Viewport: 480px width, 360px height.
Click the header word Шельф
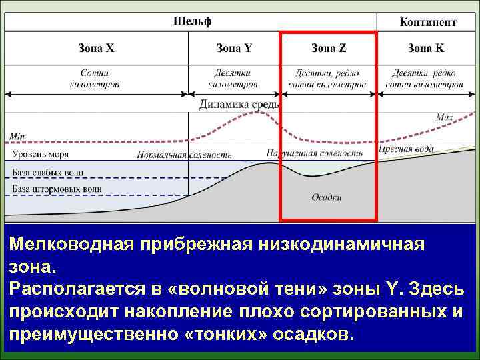[193, 21]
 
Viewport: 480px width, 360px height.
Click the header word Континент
[428, 22]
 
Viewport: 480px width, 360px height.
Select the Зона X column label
[97, 48]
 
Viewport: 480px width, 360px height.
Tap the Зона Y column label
[235, 48]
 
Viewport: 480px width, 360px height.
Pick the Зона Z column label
[329, 48]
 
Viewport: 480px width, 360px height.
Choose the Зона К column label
[425, 48]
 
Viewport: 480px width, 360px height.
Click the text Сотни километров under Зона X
[94, 79]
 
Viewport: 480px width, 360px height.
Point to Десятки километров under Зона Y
[233, 79]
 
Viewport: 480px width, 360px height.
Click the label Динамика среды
[239, 104]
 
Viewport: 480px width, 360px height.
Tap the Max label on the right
[444, 117]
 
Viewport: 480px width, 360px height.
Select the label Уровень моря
[41, 155]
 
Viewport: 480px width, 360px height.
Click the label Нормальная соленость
[184, 155]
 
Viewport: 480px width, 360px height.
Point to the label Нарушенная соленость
[314, 153]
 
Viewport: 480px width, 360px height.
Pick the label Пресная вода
[406, 149]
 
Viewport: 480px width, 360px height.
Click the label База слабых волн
[48, 173]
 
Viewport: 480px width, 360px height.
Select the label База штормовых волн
[57, 189]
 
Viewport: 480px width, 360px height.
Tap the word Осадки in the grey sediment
[327, 197]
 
